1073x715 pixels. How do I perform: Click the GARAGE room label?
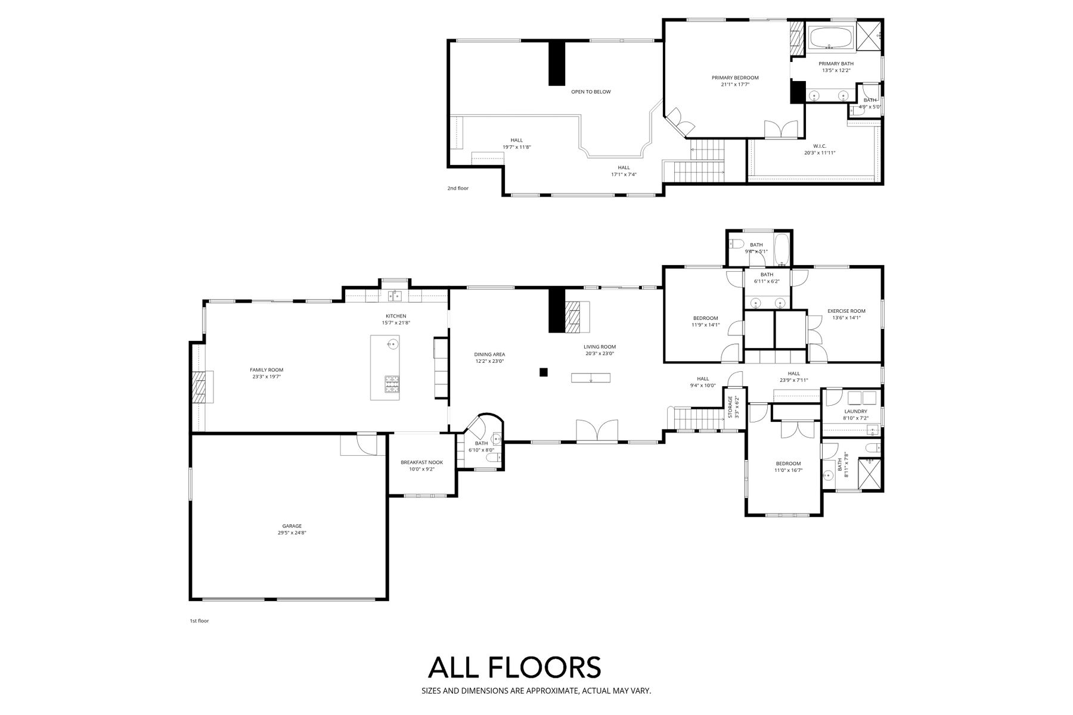(292, 526)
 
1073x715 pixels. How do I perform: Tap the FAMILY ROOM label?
(266, 370)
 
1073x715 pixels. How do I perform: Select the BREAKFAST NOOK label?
(421, 462)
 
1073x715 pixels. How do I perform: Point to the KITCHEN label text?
(396, 316)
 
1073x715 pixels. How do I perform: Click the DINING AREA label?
(490, 354)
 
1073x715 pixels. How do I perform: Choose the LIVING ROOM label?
(600, 347)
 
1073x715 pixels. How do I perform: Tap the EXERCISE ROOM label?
(846, 311)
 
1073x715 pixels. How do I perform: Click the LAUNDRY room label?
(856, 412)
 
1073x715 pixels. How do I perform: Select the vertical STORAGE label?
(730, 406)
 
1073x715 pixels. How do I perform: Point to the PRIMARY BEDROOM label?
(735, 77)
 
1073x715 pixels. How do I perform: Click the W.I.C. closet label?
(820, 146)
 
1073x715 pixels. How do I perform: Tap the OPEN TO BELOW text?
(591, 92)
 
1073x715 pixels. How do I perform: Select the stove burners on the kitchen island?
(392, 384)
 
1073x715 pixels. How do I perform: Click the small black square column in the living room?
(543, 372)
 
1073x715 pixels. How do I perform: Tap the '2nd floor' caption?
(458, 188)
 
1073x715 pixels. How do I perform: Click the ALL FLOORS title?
(514, 667)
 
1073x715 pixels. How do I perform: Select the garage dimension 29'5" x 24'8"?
(292, 533)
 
